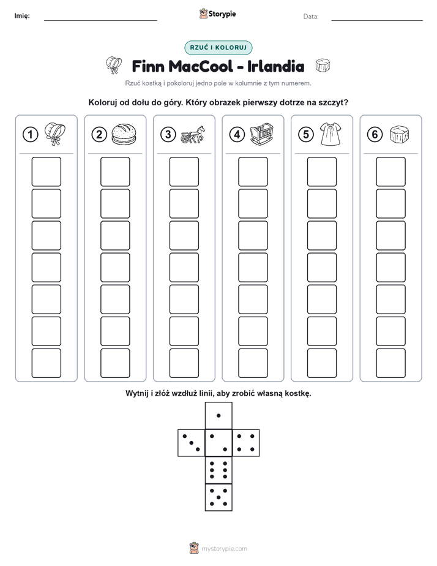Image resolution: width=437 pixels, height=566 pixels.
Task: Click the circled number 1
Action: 30,135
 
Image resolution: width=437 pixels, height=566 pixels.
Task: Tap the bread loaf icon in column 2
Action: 124,134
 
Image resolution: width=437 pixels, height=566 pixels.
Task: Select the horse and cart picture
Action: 193,135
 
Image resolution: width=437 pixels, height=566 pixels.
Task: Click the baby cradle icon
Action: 262,134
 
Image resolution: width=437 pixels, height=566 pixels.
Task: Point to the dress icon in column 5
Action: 331,134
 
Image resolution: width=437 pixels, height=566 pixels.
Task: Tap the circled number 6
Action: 375,135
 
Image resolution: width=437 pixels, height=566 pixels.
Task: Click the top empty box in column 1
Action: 46,172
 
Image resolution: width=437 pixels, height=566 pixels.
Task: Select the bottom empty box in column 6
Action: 391,363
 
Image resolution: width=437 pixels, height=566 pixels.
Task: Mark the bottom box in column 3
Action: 184,363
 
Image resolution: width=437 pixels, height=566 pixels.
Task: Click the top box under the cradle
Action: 253,172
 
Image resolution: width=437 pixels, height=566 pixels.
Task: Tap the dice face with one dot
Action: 219,415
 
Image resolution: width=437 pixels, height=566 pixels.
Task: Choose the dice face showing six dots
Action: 219,470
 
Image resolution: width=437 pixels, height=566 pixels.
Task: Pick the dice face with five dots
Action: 219,497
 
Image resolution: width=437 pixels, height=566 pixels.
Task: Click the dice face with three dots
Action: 192,443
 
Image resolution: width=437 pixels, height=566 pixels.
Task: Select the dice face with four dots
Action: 246,443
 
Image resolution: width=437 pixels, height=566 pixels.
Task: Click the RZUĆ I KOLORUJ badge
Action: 219,48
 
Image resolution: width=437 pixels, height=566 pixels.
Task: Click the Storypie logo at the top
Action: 218,14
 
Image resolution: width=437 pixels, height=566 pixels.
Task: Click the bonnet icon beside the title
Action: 114,66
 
